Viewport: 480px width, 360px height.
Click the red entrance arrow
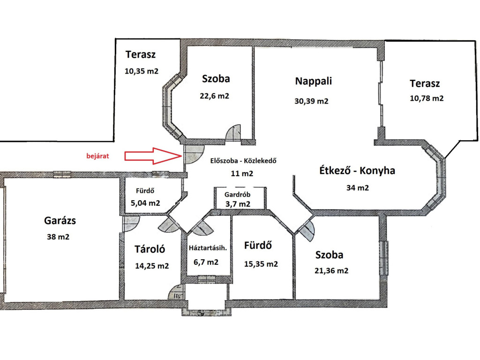click(153, 156)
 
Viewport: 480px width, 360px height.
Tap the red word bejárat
click(97, 156)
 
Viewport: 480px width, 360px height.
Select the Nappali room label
click(313, 81)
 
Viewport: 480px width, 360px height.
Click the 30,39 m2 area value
click(311, 101)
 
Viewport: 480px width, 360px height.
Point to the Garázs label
click(60, 220)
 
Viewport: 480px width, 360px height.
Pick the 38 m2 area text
click(58, 237)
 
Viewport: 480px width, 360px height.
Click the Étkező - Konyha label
click(357, 170)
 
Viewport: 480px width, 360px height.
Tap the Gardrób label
click(237, 195)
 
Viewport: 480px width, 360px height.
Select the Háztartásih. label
click(208, 248)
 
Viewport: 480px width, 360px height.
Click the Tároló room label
click(150, 249)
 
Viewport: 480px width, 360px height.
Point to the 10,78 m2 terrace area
click(427, 98)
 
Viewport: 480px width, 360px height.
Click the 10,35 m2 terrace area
click(142, 71)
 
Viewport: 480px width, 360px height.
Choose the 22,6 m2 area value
click(214, 96)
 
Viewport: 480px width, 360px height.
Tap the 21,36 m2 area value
click(331, 270)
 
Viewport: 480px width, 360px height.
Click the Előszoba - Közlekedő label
click(243, 161)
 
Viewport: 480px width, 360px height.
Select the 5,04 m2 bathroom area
click(145, 203)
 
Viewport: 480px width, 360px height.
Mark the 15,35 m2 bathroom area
click(261, 264)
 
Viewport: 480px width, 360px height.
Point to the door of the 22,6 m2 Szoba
click(233, 133)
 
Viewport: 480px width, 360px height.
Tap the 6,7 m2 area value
click(206, 262)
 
